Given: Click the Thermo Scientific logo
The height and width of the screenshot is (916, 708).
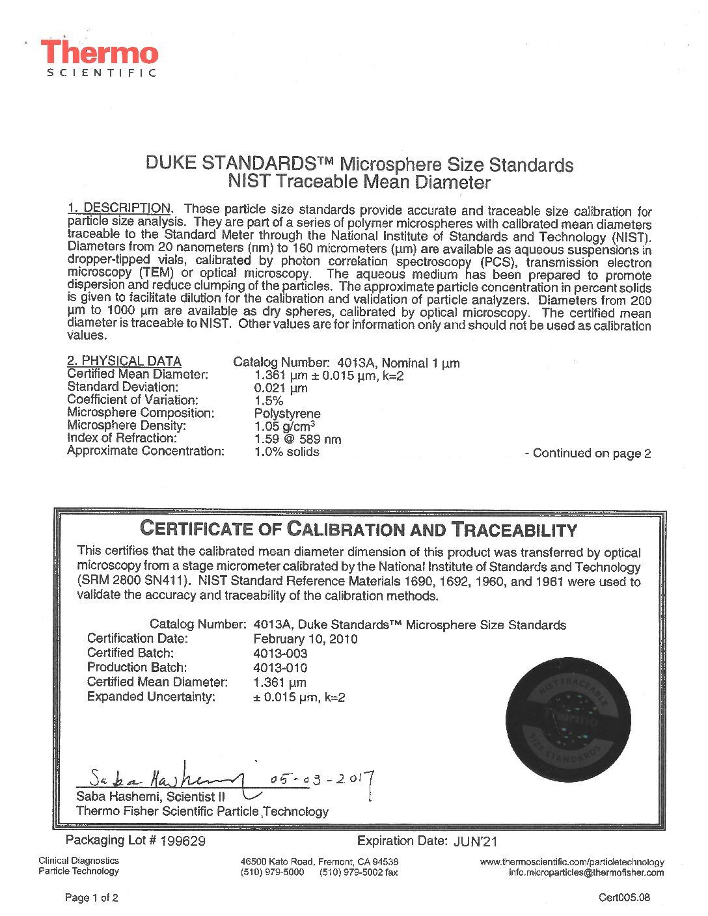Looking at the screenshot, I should click(x=100, y=57).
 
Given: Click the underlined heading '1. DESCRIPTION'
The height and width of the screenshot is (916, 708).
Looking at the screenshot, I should click(x=120, y=208).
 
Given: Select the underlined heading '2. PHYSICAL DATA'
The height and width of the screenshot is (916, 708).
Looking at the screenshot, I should click(x=124, y=361).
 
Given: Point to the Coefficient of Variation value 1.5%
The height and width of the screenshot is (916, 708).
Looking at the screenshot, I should click(x=268, y=401).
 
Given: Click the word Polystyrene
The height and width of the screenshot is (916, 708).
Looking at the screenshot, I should click(x=287, y=414).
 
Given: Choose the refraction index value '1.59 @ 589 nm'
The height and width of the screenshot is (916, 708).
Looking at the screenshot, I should click(x=297, y=439).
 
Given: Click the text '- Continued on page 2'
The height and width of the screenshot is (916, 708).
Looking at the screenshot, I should click(x=588, y=453).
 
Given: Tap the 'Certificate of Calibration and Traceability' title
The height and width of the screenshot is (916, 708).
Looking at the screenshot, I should click(x=359, y=530).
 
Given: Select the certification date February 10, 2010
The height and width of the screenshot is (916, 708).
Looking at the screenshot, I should click(x=305, y=639).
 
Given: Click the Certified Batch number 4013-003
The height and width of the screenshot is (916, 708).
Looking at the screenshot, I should click(x=280, y=653).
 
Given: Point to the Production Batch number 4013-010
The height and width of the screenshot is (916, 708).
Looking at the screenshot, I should click(x=280, y=667).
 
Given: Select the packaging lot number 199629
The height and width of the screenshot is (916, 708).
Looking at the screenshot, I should click(x=182, y=841).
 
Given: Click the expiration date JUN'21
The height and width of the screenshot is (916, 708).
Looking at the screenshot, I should click(x=475, y=842).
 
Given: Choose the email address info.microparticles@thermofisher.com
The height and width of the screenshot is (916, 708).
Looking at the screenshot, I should click(x=586, y=872).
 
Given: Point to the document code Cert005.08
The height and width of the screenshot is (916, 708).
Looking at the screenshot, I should click(x=623, y=898).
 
